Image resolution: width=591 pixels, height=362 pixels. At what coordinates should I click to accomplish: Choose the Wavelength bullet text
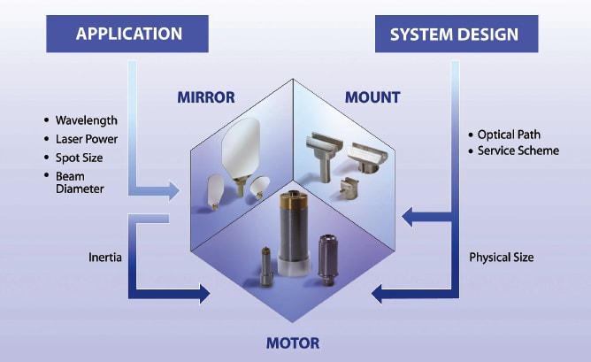tap(85, 119)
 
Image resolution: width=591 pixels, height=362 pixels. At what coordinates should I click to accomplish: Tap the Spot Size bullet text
tap(80, 157)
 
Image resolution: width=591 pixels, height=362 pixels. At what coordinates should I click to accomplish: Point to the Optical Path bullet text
tap(508, 135)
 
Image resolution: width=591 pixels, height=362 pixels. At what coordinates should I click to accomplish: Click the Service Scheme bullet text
tap(518, 150)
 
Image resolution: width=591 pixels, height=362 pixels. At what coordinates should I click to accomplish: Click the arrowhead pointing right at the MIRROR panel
tap(176, 189)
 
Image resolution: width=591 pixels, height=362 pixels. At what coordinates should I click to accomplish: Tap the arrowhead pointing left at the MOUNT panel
tap(409, 213)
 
